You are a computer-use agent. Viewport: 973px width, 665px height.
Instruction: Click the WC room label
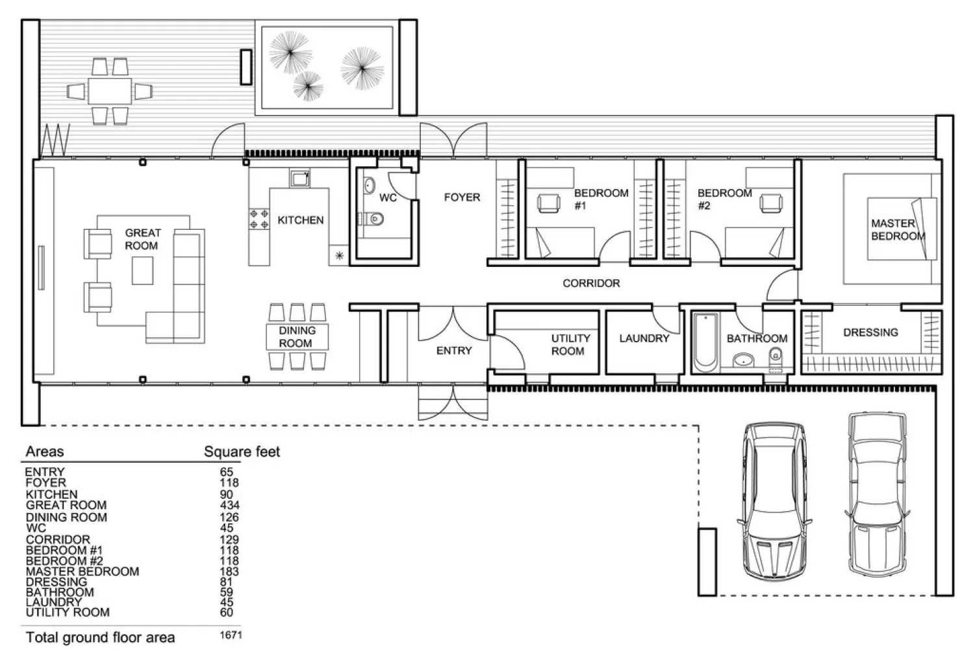pos(388,198)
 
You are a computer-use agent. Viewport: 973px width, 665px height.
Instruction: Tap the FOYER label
pos(462,197)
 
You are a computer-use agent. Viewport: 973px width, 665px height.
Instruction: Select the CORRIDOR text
pos(591,283)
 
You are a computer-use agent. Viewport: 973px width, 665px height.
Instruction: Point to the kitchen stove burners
pos(259,219)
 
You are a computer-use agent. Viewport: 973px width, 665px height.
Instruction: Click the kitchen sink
pos(299,179)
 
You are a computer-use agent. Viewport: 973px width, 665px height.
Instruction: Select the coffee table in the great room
pos(142,271)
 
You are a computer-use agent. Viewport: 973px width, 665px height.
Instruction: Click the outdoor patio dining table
pos(110,91)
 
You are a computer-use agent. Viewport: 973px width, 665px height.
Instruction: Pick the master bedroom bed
pos(902,229)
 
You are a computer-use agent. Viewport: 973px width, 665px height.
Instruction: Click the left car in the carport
pos(774,501)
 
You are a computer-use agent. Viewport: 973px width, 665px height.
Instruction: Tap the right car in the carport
pos(877,494)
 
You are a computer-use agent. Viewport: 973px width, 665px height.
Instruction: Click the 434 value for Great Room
pos(229,505)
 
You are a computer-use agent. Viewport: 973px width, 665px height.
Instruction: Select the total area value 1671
pos(231,635)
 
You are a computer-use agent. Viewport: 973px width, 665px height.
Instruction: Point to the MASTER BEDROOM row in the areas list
pos(82,571)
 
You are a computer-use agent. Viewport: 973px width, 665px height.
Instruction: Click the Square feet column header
pos(242,452)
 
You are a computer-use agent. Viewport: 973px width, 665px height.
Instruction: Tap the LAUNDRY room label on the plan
pos(644,338)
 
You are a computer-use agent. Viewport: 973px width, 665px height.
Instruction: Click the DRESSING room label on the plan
pos(870,332)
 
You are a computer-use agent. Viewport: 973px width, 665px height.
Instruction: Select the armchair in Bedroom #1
pos(549,203)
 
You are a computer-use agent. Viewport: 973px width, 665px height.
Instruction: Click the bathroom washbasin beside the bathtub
pos(743,360)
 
